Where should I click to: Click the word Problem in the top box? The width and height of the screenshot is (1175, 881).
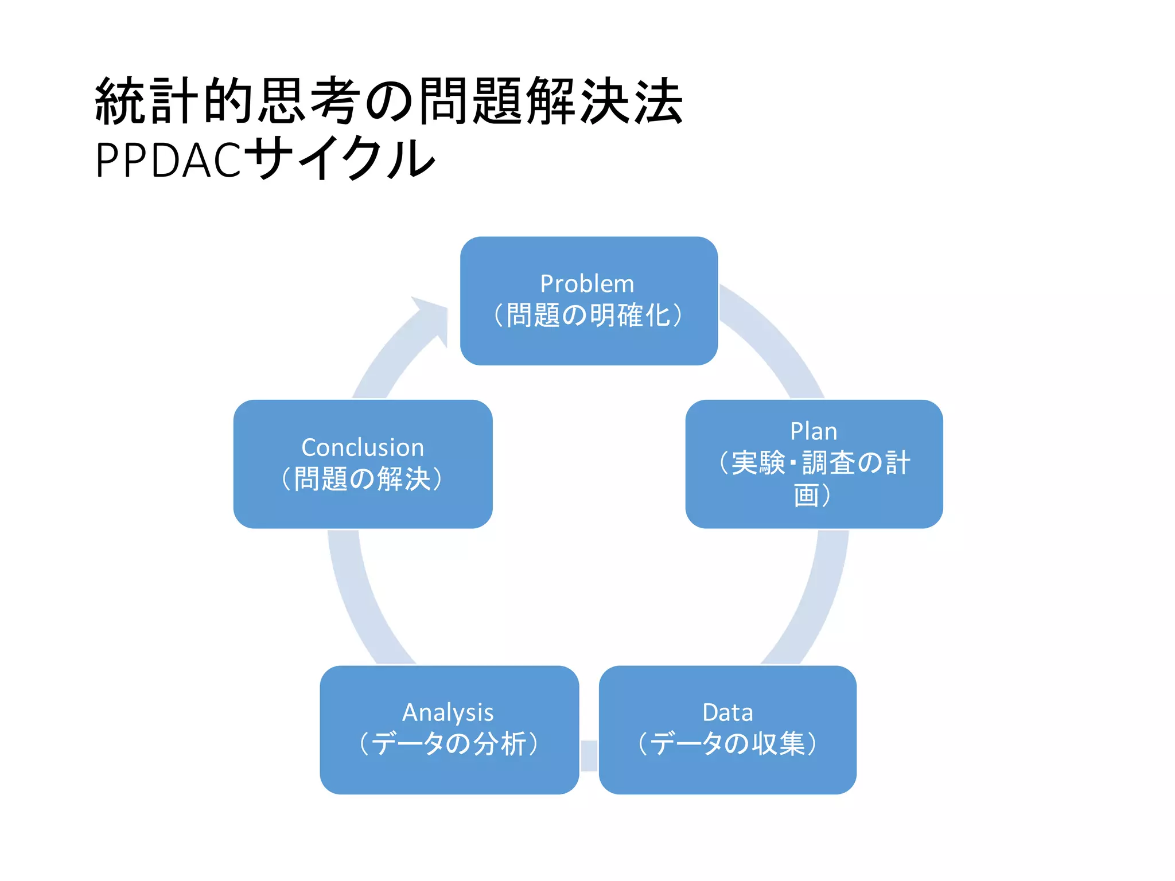pos(587,284)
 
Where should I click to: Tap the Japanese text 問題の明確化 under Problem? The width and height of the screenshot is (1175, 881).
pos(588,315)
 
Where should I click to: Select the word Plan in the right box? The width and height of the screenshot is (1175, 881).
pos(814,431)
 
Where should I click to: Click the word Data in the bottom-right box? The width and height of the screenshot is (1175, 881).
pos(727,712)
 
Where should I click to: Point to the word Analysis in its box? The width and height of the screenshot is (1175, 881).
pos(448,712)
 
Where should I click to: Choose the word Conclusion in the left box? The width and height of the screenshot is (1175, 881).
pos(363,447)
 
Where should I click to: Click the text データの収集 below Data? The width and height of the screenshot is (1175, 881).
pos(727,744)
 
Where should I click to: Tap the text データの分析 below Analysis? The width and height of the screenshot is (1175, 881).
pos(449,744)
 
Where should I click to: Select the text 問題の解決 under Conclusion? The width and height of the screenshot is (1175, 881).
pos(363,479)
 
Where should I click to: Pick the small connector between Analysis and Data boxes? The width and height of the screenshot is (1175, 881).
pos(589,755)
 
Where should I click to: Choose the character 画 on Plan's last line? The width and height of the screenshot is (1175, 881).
pos(806,495)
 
